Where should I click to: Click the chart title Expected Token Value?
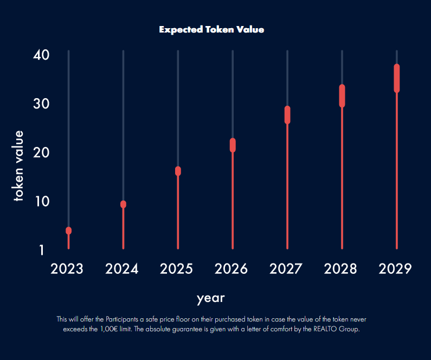coord(211,29)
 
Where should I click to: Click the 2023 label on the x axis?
coord(67,269)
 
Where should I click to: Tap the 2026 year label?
coord(231,269)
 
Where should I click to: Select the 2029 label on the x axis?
coord(395,269)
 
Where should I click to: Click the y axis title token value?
coord(19,166)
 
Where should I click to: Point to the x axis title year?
coord(210,298)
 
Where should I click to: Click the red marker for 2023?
coord(69,230)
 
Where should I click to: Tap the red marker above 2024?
coord(123,204)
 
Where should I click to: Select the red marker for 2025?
coord(178,171)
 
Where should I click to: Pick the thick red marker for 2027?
coord(287,115)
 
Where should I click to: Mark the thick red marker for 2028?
coord(342,96)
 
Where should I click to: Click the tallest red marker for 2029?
coord(397,79)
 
